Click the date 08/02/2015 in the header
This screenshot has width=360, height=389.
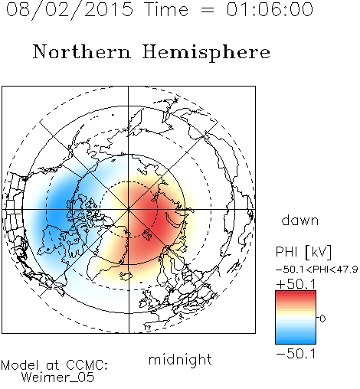point(70,10)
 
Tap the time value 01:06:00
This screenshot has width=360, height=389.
point(270,9)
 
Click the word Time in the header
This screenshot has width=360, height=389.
point(166,9)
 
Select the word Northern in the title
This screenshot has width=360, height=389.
point(82,51)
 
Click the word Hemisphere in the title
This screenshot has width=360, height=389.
point(206,53)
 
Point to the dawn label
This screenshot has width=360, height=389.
point(300,220)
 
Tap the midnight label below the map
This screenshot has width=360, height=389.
point(180,359)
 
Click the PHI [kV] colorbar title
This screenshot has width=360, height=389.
point(303,252)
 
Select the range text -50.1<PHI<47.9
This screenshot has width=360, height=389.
point(317,270)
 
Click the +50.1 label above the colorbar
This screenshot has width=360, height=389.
point(296,284)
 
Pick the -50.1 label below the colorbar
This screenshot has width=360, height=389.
point(296,354)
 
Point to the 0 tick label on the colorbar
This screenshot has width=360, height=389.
point(322,319)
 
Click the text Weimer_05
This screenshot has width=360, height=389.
point(58,378)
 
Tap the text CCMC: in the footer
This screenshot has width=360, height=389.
point(87,364)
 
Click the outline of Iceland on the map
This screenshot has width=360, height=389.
point(126,275)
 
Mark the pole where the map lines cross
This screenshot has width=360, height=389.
point(129,209)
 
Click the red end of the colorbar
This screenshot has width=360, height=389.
point(296,293)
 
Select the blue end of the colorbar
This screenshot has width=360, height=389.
point(296,341)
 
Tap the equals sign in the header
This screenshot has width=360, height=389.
point(208,10)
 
